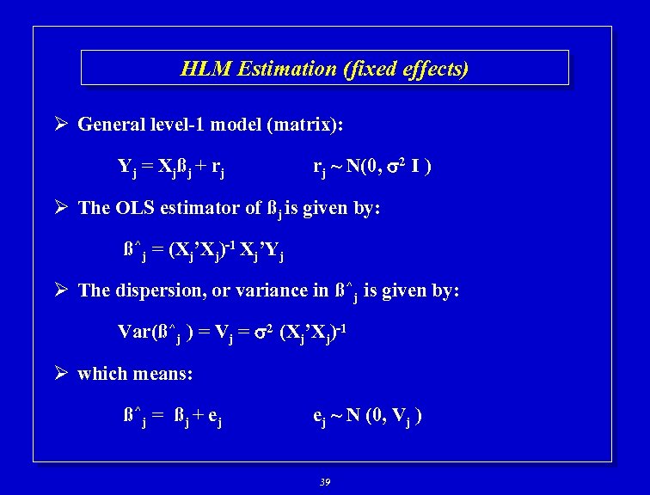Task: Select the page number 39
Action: coord(324,481)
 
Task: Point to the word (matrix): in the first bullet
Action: coord(305,125)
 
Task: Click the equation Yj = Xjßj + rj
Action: coord(172,167)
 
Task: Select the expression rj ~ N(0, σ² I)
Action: coord(371,166)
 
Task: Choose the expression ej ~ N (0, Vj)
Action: coord(366,417)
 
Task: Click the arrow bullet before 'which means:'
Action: coord(63,374)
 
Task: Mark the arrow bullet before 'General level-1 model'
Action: coord(63,125)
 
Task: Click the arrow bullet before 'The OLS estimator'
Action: coord(63,208)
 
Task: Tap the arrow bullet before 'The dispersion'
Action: coord(63,290)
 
